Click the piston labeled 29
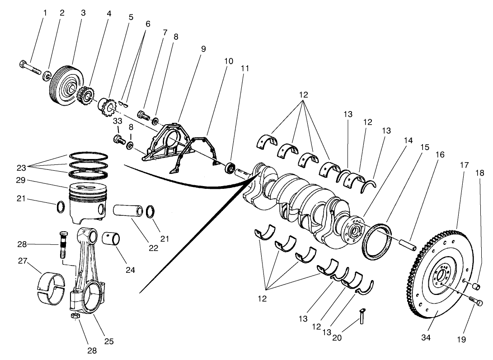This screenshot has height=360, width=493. pos(87,202)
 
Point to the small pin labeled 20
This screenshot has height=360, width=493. pos(362,316)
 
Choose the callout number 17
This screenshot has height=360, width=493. pos(464,165)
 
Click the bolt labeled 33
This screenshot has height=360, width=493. pos(118,138)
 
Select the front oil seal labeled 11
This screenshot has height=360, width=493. pos(230,168)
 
